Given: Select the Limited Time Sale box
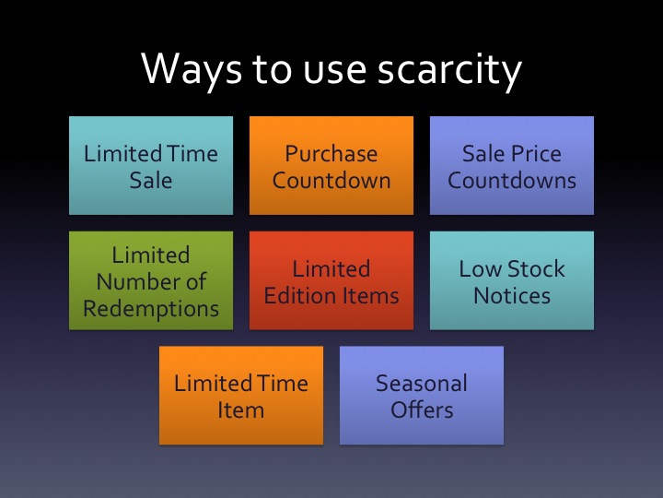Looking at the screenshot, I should click(x=151, y=166).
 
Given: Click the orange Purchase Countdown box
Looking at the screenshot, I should click(x=331, y=166).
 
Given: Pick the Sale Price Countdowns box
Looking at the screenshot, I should click(x=512, y=166).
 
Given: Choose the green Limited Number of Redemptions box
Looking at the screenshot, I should click(x=151, y=281).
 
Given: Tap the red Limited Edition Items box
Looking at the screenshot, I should click(x=331, y=281).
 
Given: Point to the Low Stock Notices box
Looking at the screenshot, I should click(x=512, y=281).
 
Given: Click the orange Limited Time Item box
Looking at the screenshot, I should click(x=241, y=396).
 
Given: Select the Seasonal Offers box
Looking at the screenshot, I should click(x=422, y=396).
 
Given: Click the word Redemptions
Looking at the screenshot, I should click(x=151, y=308).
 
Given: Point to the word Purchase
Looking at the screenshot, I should click(x=331, y=153).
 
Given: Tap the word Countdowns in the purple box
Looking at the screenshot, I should click(x=512, y=179).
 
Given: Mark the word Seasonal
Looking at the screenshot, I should click(x=422, y=383).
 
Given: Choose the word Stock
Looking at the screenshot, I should click(x=534, y=268).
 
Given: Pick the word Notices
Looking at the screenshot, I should click(x=512, y=295).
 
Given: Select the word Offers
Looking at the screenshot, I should click(x=422, y=409).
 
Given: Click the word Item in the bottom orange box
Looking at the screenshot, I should click(x=241, y=409).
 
